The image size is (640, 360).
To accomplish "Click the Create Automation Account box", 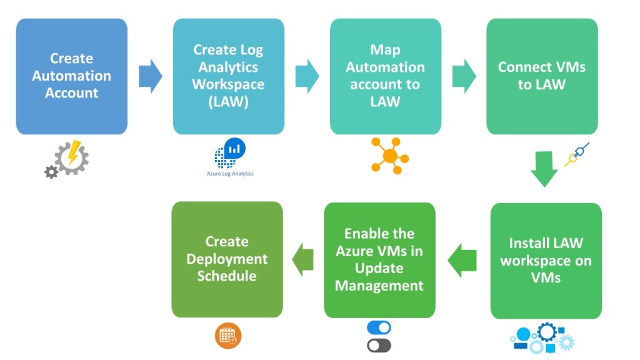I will (72, 76).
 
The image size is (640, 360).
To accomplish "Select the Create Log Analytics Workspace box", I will (228, 76).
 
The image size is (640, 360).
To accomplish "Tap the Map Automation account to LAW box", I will (385, 76).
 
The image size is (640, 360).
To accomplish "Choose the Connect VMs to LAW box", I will (542, 76).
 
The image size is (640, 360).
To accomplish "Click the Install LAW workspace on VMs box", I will (546, 261).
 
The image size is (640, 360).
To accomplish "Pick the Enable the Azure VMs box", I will (379, 260).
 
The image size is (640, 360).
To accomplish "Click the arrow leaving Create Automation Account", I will (150, 76).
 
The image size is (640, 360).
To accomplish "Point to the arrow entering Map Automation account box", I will (307, 76).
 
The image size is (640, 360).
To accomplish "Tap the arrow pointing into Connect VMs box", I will (464, 76).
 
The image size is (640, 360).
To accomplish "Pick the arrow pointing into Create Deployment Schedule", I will (304, 259).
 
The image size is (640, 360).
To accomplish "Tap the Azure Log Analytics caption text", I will (230, 174).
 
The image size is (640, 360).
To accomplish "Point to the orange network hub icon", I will (389, 155).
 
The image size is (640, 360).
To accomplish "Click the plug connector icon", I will (577, 154).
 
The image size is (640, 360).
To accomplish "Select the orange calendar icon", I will (228, 336).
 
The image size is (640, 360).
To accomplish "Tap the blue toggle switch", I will (379, 328).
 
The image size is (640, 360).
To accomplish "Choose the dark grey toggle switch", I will (379, 345).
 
